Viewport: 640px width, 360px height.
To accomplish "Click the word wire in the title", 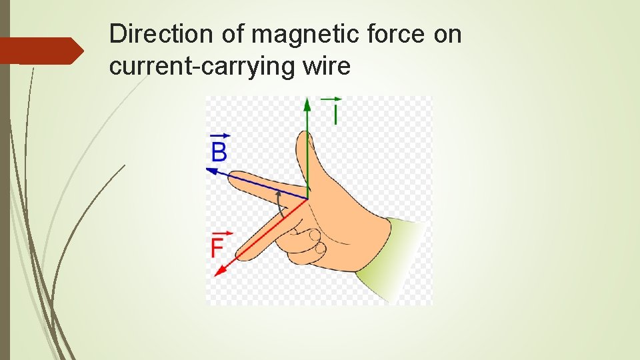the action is click(x=325, y=67).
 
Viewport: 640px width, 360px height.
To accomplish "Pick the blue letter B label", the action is click(x=219, y=151).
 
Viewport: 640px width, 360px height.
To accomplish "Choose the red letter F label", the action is click(x=217, y=249).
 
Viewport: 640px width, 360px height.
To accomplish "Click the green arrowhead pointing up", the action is click(x=307, y=105).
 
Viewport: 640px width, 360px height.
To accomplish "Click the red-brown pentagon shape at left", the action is click(x=40, y=51).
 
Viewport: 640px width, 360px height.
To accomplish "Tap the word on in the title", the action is click(x=447, y=34).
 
